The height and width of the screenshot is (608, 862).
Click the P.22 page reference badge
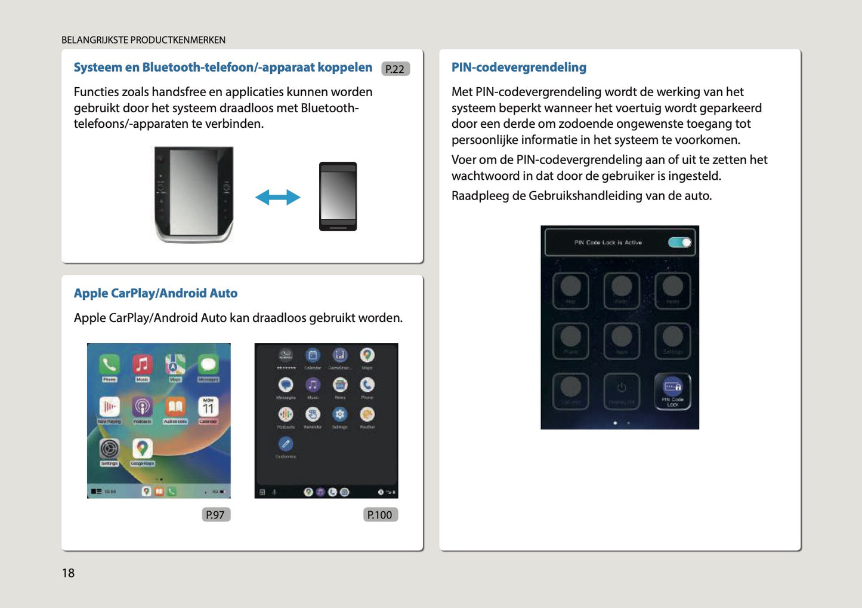[395, 69]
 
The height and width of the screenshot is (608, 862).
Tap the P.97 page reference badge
[215, 515]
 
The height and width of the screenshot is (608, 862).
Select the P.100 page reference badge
[380, 515]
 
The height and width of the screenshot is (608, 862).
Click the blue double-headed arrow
[277, 197]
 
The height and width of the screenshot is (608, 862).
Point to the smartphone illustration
[338, 196]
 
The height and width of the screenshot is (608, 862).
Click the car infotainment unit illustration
[194, 194]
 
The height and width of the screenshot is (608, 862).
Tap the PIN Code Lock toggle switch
[679, 242]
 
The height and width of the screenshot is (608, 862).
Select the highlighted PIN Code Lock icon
[672, 391]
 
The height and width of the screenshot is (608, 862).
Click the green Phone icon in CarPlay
[109, 364]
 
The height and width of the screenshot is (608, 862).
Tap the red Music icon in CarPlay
[142, 364]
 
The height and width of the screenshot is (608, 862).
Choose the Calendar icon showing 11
[208, 407]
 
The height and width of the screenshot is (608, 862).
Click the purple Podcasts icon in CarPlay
[142, 407]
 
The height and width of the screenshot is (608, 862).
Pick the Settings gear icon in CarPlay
[109, 449]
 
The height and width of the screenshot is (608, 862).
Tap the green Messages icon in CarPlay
[208, 364]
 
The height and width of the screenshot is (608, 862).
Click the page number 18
[68, 573]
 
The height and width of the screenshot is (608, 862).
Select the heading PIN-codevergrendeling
[518, 67]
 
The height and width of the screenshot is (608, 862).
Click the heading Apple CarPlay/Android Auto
[156, 293]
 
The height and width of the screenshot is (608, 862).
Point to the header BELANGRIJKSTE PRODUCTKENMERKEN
[143, 40]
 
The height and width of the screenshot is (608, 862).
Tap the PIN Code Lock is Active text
[608, 242]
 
